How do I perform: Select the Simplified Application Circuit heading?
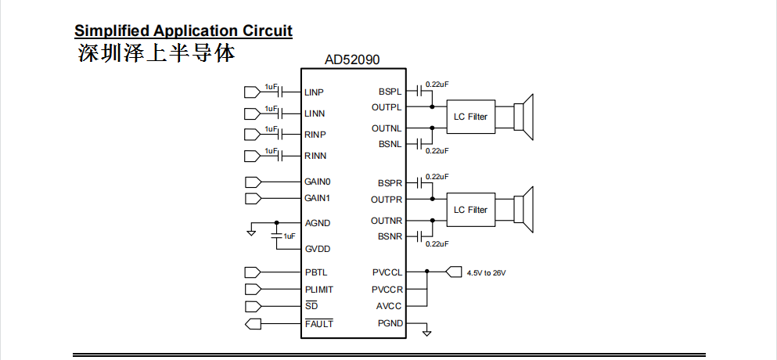click(183, 31)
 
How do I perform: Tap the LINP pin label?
click(315, 92)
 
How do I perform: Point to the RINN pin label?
click(315, 156)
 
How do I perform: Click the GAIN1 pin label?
click(318, 198)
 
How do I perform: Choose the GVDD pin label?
click(317, 249)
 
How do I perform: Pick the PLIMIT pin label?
click(319, 290)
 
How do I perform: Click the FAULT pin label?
click(318, 323)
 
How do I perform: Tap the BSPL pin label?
click(390, 92)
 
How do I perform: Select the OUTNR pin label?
click(387, 221)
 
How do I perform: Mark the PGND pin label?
click(390, 323)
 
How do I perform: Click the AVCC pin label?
click(390, 306)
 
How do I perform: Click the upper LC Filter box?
click(470, 117)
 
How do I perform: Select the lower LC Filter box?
click(470, 210)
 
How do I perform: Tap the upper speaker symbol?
click(523, 117)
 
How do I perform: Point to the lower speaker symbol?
click(523, 210)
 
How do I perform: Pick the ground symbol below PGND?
click(426, 333)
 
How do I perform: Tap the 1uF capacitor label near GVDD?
click(290, 236)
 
